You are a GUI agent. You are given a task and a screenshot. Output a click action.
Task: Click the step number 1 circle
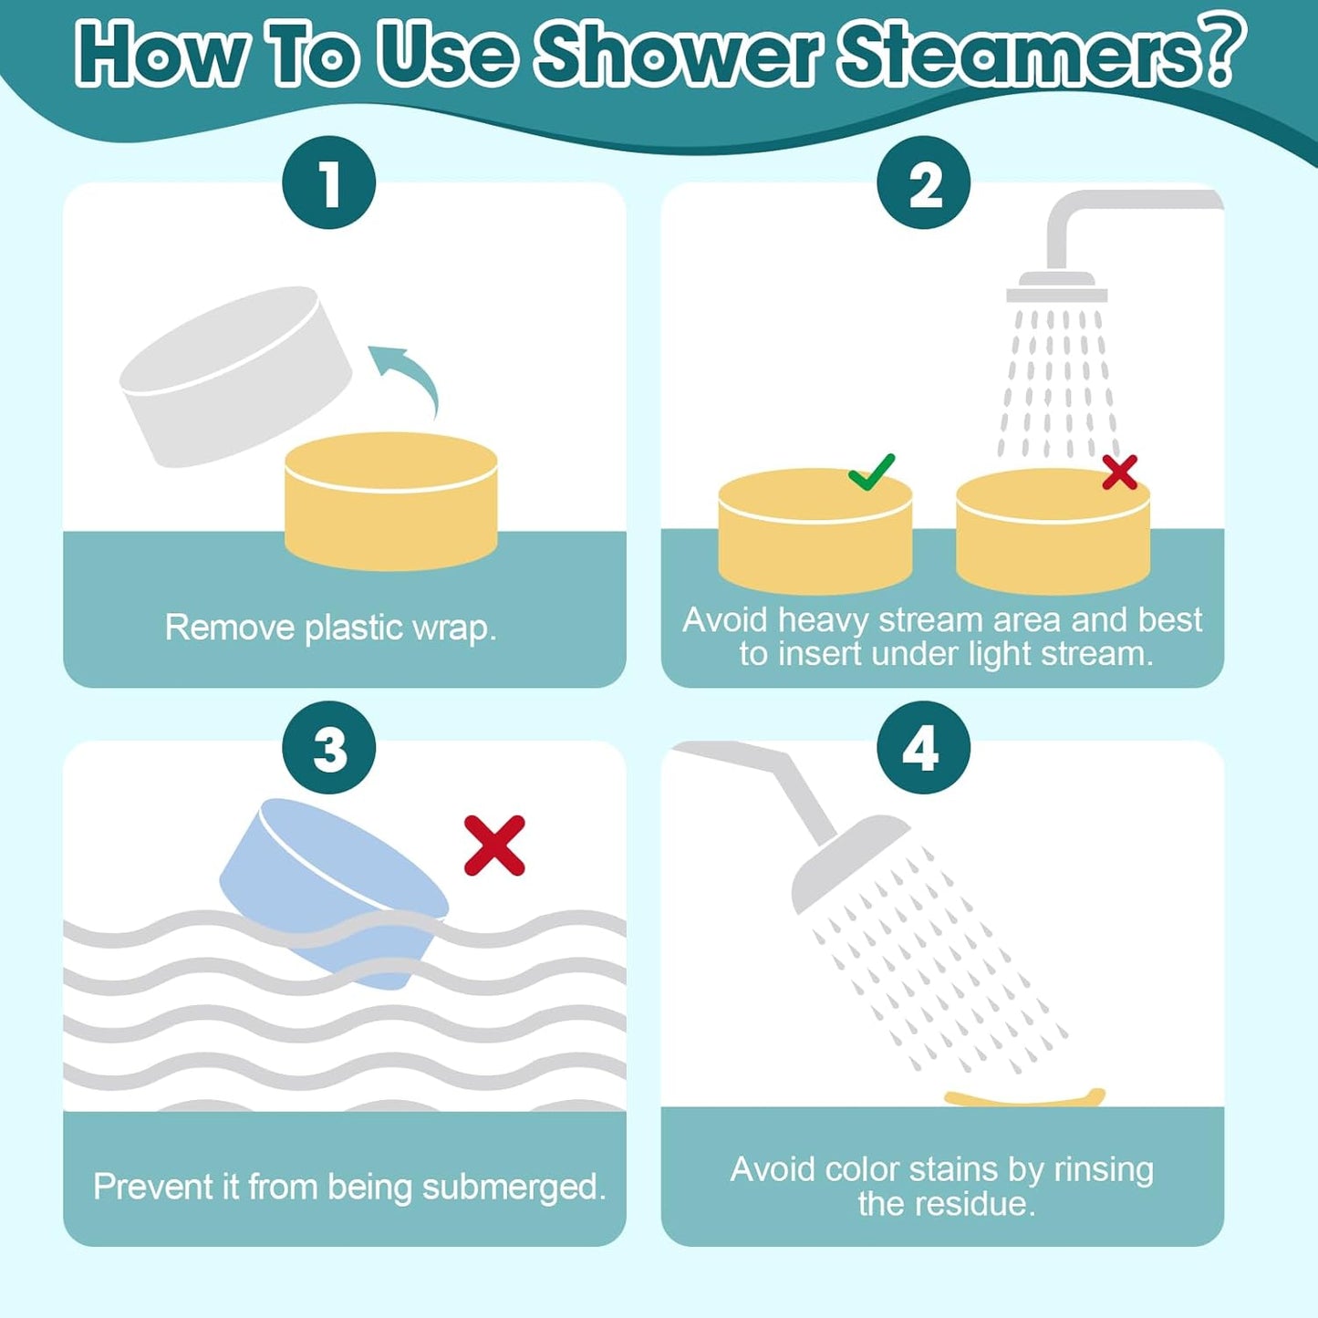329,182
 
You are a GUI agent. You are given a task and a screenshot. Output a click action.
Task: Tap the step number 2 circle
923,182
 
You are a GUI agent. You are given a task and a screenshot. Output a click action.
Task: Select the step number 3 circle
329,748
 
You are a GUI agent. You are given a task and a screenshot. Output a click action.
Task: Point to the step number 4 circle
923,748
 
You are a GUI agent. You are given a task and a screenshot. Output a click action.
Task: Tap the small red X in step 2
1119,472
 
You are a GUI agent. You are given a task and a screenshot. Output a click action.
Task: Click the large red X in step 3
494,846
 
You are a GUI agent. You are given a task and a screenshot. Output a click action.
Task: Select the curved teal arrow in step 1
407,374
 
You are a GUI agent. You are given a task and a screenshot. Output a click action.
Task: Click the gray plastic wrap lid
234,376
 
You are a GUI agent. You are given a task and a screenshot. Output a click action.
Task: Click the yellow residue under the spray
1024,1097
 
